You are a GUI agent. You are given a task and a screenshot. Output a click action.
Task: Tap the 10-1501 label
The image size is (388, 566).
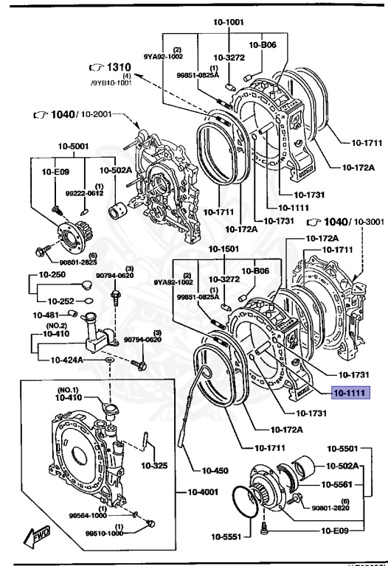pos(222,249)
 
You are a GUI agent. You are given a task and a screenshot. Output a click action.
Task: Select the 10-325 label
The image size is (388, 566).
pos(155,466)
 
